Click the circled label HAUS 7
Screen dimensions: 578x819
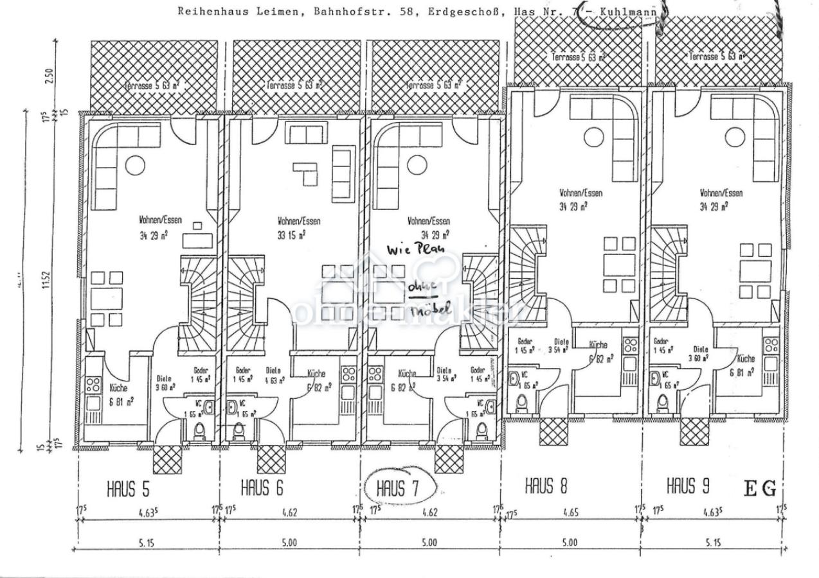point(398,489)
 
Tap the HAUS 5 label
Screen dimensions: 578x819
point(128,489)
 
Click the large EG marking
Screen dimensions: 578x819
point(760,489)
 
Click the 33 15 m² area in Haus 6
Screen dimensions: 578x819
point(291,234)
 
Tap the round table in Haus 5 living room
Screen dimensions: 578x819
point(135,165)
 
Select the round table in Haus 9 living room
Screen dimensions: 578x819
point(735,137)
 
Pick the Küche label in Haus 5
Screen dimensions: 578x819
point(118,388)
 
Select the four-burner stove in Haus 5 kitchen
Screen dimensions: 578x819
point(94,385)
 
